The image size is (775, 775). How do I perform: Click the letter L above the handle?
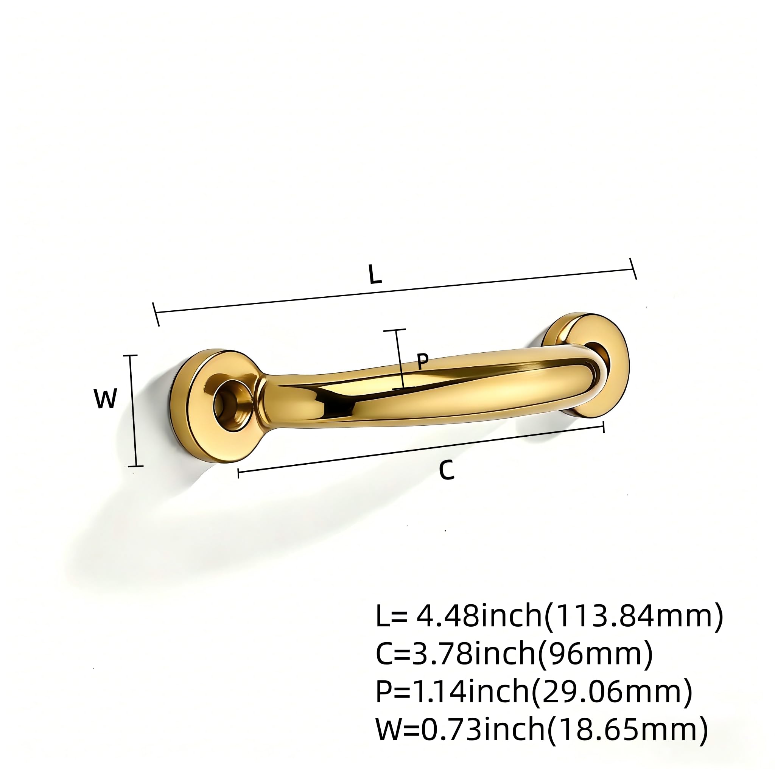coord(375,275)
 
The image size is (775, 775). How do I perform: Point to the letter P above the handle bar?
coord(422,361)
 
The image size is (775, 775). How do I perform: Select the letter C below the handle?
coord(447,470)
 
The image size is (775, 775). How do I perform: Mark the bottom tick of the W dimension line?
coord(135,466)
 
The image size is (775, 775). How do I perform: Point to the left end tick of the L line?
coord(156,314)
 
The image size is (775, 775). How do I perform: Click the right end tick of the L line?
coord(633,269)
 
